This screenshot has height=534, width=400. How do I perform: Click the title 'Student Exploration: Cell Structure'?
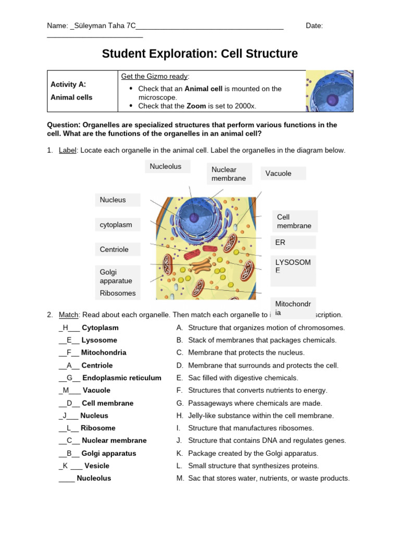point(200,54)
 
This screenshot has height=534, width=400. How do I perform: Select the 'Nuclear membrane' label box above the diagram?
point(229,174)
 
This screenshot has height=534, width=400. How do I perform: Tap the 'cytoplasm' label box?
point(117,225)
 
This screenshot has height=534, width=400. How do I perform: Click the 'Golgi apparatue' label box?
point(117,276)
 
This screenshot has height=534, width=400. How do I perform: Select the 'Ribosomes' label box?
point(117,293)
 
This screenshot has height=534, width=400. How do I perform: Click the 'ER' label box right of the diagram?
point(293,242)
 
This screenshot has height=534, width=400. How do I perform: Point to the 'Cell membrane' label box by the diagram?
point(294,221)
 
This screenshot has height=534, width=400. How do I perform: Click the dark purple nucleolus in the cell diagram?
point(194,217)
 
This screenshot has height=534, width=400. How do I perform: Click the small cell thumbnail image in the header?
point(329,91)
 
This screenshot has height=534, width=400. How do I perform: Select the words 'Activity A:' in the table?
point(68,84)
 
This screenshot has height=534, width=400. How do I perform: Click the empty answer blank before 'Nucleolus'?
point(67,478)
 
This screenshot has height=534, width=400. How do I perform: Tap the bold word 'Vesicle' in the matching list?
point(96,466)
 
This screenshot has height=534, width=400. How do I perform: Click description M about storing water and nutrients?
point(268,478)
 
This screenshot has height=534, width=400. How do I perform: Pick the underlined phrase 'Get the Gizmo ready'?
point(155,76)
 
